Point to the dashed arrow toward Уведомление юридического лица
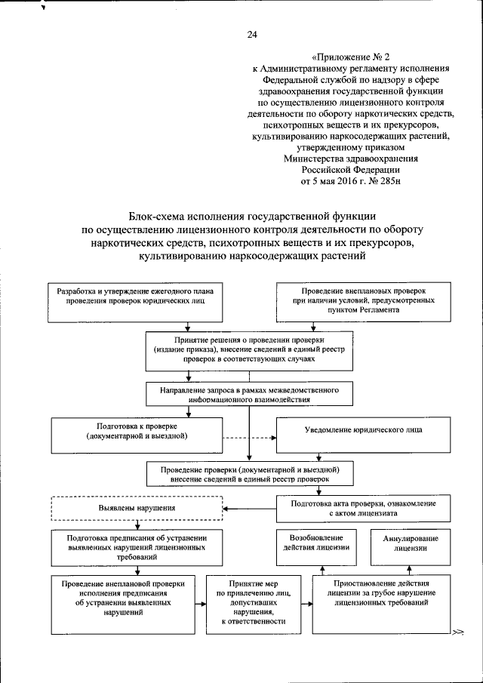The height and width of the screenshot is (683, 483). pos(249,437)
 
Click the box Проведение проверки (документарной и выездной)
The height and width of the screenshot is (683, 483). pos(249,474)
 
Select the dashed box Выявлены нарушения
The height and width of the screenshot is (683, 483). pos(137,509)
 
